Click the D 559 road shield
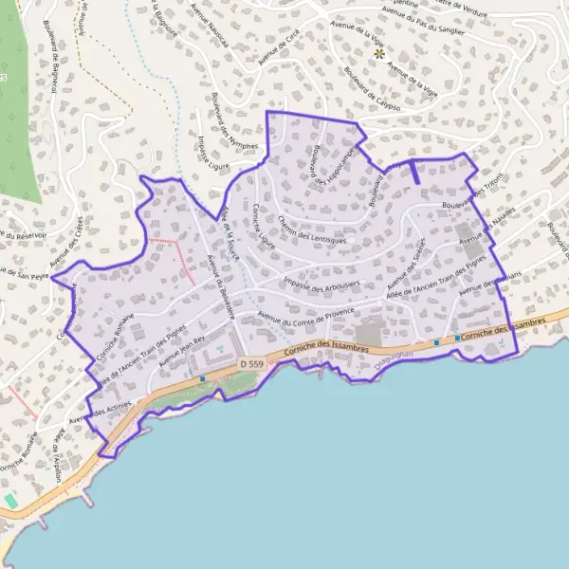click(250, 363)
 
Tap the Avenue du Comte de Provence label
click(305, 315)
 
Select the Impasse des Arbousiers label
click(321, 284)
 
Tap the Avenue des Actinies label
click(100, 413)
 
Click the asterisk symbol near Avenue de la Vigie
click(379, 54)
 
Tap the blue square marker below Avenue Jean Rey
click(203, 378)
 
